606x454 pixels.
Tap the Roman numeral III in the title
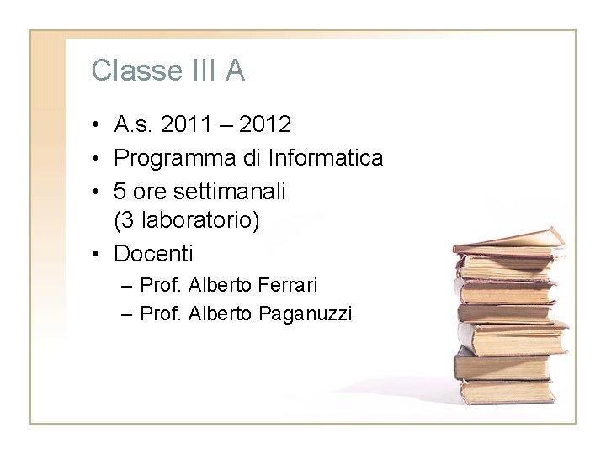point(201,71)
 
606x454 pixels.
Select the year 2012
point(266,125)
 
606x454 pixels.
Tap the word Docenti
point(153,252)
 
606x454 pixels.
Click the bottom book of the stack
point(506,390)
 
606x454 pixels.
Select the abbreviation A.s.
point(132,125)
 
